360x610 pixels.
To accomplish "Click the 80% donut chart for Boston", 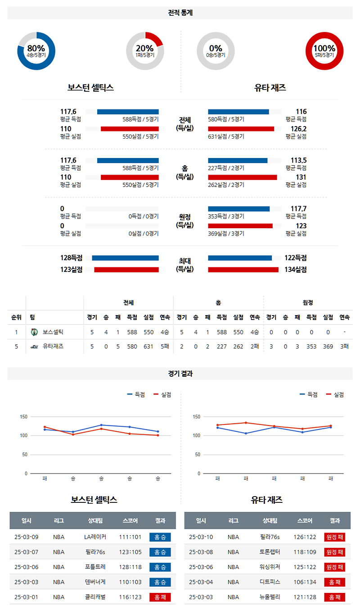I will (36, 51).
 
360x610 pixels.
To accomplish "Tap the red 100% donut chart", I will (324, 51).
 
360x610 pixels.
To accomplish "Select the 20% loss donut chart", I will (144, 51).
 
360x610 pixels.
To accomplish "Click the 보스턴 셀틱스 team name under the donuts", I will (90, 88).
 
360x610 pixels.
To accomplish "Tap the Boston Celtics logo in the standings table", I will (34, 332).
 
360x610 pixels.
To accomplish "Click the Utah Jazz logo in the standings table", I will (34, 347).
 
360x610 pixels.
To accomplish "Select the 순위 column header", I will (16, 317).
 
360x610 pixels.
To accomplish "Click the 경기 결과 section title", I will (180, 374).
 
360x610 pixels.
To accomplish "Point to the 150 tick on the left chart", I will (23, 417).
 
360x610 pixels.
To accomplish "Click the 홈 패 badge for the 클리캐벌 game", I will (160, 597).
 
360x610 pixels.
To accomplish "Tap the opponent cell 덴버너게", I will (95, 582).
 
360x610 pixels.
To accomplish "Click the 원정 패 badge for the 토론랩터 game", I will (335, 552).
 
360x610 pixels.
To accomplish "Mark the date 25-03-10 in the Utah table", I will (201, 537).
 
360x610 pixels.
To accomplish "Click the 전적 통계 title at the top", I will (180, 13).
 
